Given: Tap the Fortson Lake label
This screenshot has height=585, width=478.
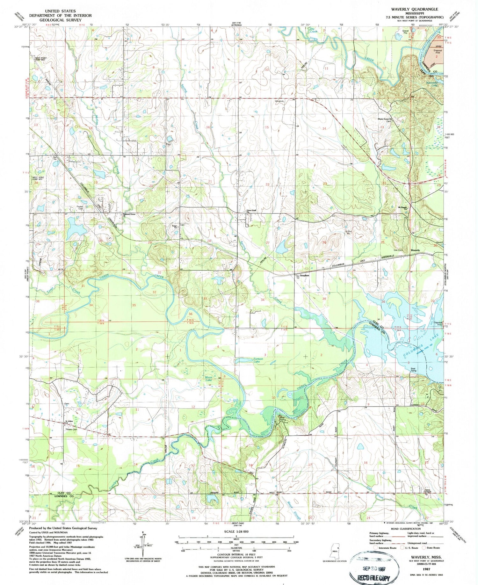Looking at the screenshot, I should (258, 360).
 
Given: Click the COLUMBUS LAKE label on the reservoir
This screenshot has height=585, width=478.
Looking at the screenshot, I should (417, 346).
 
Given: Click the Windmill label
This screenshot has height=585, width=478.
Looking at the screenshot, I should (279, 101).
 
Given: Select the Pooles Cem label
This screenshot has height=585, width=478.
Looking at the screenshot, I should (80, 208).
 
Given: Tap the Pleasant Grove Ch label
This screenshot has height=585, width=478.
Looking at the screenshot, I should (129, 215).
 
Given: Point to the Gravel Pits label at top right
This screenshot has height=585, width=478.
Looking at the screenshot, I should (406, 32).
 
